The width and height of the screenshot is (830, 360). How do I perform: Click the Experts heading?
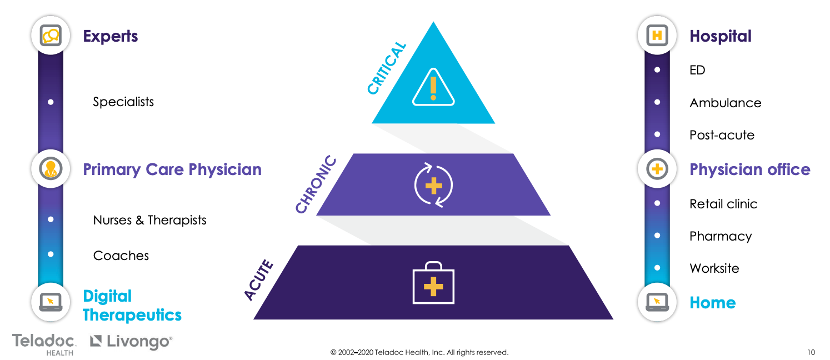pyautogui.click(x=110, y=37)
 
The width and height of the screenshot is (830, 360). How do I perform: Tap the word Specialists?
pyautogui.click(x=123, y=102)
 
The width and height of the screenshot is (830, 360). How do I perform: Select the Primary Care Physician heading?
pyautogui.click(x=172, y=169)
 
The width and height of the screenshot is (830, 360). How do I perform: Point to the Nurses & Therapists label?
pyautogui.click(x=149, y=220)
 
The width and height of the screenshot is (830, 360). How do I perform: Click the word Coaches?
pyautogui.click(x=121, y=256)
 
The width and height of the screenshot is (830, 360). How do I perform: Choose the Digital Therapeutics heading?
pyautogui.click(x=132, y=306)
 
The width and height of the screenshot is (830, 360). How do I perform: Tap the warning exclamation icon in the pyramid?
pyautogui.click(x=433, y=88)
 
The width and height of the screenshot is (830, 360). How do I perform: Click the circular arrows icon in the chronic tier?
pyautogui.click(x=433, y=184)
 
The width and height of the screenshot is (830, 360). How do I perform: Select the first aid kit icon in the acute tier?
pyautogui.click(x=433, y=283)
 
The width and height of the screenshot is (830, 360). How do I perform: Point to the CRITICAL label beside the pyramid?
pyautogui.click(x=387, y=69)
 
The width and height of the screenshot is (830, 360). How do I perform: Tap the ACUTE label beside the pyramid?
pyautogui.click(x=259, y=281)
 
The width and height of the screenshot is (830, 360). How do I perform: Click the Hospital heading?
pyautogui.click(x=720, y=37)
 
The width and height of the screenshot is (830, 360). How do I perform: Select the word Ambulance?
pyautogui.click(x=725, y=103)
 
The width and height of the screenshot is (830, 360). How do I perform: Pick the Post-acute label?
pyautogui.click(x=722, y=135)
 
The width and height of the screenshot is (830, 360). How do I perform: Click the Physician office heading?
pyautogui.click(x=749, y=169)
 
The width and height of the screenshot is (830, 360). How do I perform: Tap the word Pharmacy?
pyautogui.click(x=721, y=236)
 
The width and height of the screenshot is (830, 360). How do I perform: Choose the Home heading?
pyautogui.click(x=712, y=303)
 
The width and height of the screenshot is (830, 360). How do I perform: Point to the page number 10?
pyautogui.click(x=811, y=352)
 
